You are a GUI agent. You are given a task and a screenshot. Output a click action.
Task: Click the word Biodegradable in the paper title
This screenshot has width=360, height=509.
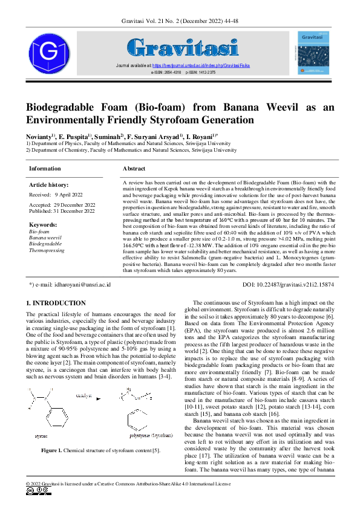[72, 107]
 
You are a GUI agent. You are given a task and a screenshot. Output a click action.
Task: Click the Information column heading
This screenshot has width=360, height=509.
[45, 169]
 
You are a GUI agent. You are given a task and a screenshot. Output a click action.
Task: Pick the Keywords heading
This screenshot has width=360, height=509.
[43, 225]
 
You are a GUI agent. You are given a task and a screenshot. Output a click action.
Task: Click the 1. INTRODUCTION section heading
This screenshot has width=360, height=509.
[56, 303]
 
